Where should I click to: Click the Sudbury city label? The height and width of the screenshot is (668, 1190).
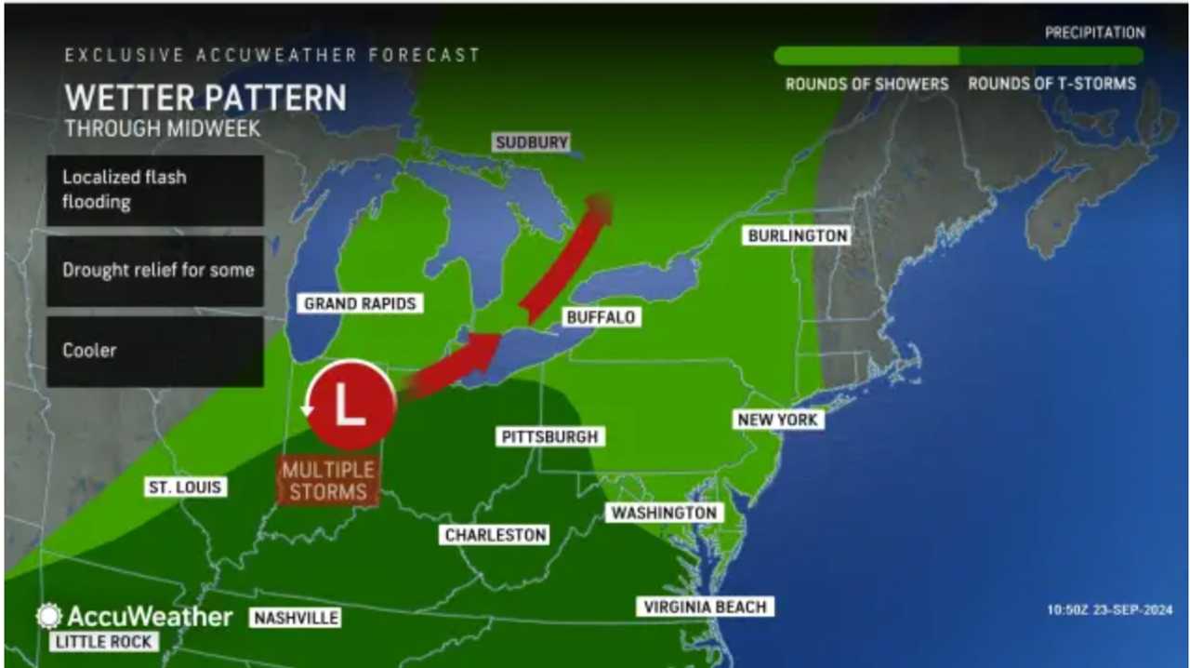531,142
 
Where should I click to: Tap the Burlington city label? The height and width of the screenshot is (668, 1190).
798,235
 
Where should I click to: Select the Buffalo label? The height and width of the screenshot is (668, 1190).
601,317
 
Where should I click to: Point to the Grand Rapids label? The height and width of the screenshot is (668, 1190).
360,303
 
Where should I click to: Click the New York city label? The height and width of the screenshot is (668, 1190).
777,420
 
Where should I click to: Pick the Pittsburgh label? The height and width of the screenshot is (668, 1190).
549,436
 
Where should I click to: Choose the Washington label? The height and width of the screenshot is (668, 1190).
664,513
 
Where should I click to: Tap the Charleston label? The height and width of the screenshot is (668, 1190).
495,535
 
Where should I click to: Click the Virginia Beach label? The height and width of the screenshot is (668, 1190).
705,608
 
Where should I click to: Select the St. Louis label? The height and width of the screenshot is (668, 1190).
185,487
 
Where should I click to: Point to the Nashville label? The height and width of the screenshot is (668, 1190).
295,618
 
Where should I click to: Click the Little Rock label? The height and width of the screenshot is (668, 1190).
104,641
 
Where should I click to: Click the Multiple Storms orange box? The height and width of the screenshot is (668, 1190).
329,481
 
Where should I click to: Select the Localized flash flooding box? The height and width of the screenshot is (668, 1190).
155,190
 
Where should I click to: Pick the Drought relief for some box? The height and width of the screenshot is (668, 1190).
155,271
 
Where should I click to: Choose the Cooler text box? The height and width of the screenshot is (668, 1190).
155,351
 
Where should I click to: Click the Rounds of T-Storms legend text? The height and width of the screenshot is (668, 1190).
1051,84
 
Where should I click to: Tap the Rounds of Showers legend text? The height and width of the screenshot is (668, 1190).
866,84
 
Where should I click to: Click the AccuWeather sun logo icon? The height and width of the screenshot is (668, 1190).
48,616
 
